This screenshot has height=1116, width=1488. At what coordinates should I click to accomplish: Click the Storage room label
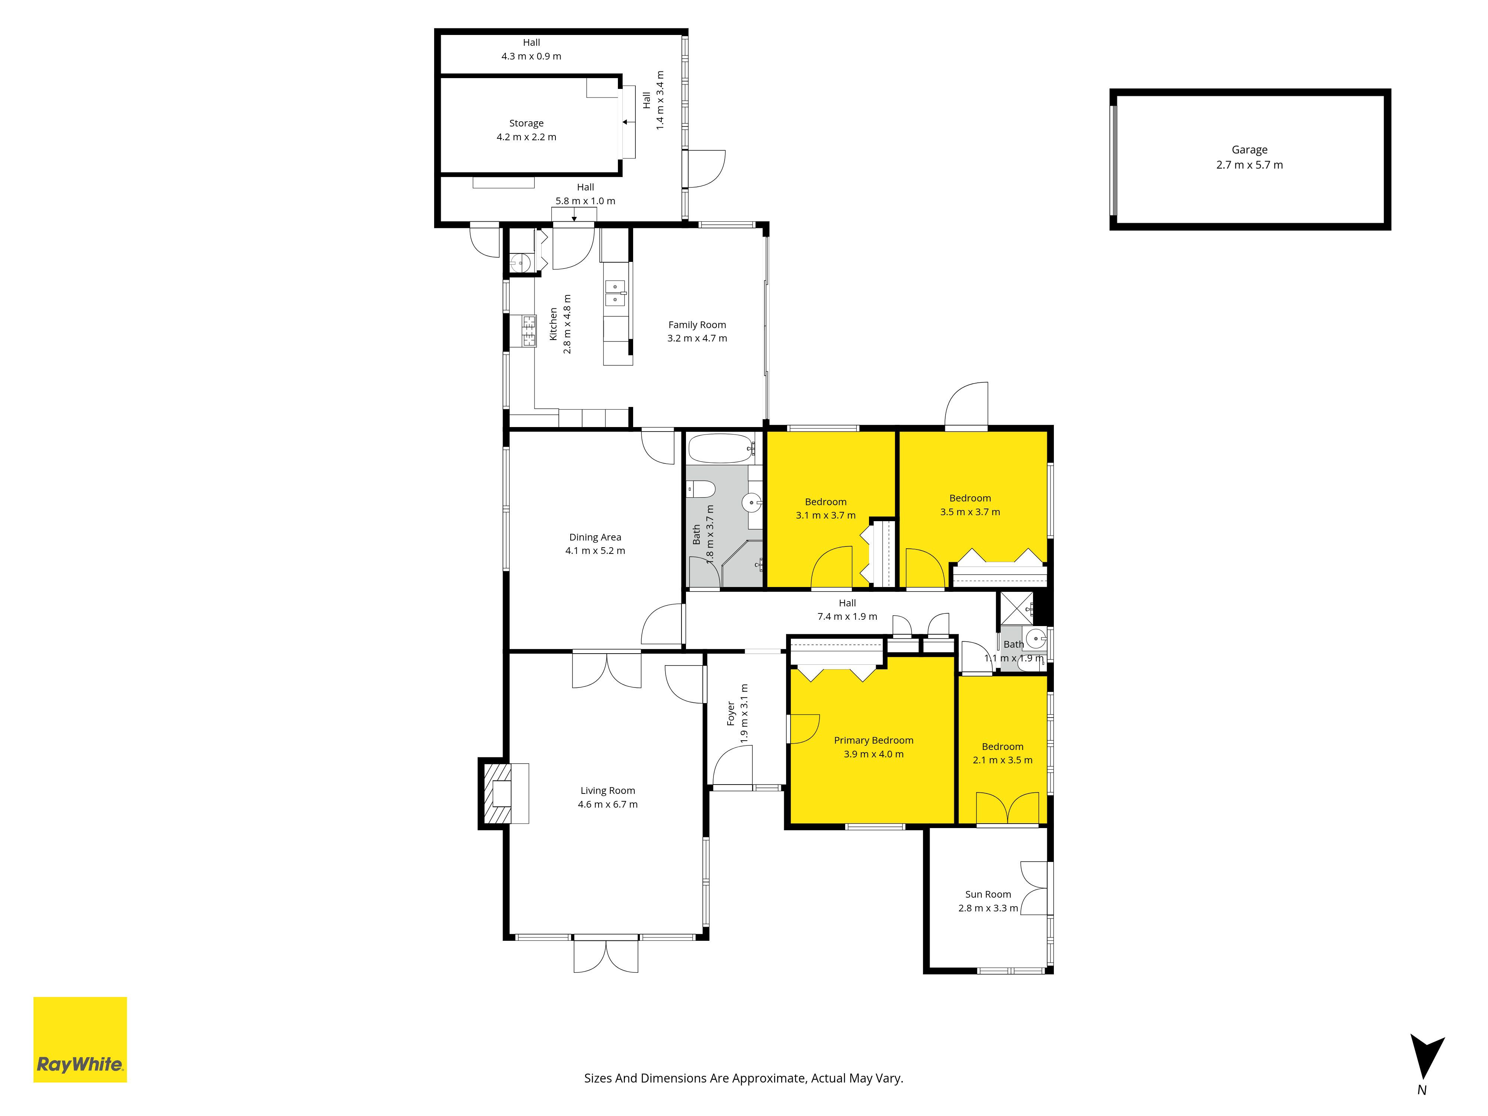(x=526, y=123)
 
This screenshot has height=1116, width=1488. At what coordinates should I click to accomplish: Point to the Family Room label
(x=697, y=325)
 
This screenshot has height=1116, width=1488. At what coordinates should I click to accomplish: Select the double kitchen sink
(x=616, y=294)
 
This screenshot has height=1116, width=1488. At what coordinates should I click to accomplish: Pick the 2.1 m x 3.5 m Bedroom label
(x=1002, y=753)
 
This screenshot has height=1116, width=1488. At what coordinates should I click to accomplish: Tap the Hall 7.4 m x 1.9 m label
(x=847, y=609)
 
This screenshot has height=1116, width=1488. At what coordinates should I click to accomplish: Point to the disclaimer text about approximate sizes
(x=743, y=1078)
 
